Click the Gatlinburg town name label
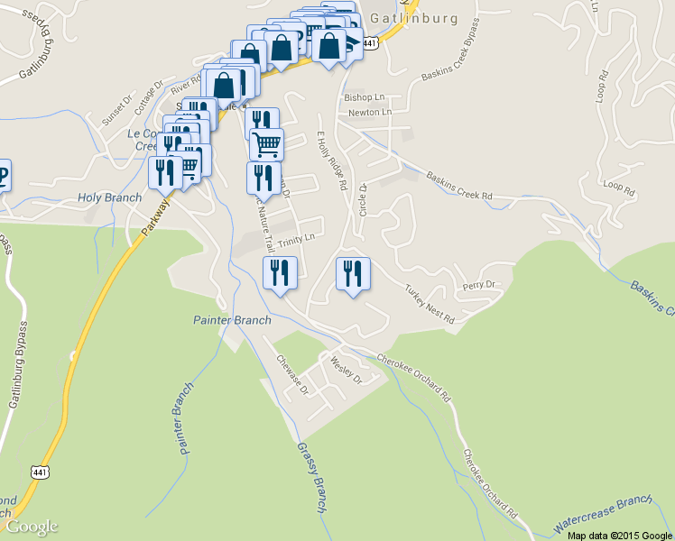point(426,18)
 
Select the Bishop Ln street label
point(364,96)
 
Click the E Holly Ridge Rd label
point(331,160)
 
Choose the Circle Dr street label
point(363,199)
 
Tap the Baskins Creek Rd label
point(459,186)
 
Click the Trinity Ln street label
point(296,239)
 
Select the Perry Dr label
point(479,285)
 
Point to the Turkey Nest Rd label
point(429,305)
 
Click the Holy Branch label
point(109,197)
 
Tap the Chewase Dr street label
point(292,375)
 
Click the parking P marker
point(3,172)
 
